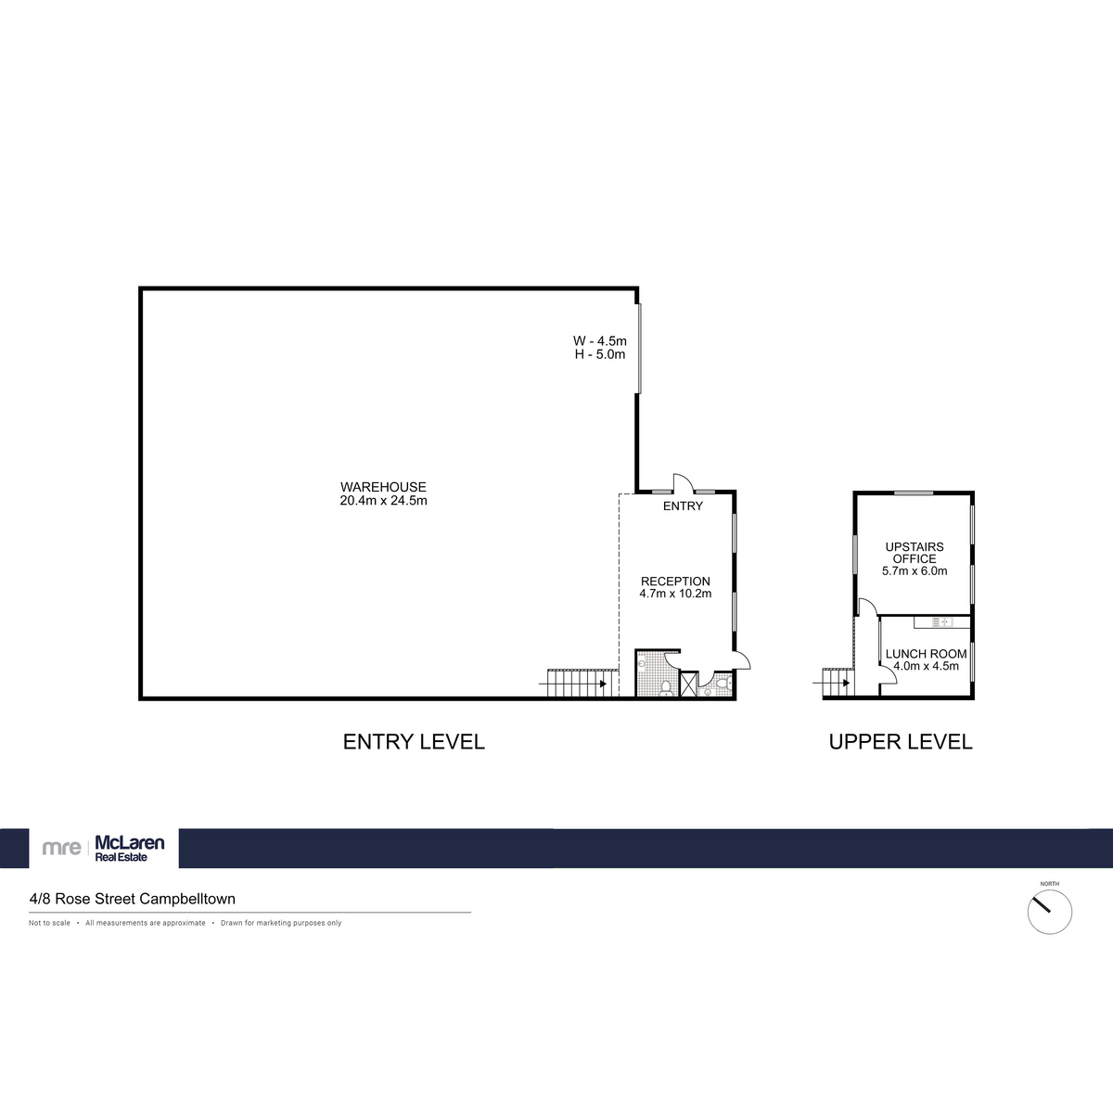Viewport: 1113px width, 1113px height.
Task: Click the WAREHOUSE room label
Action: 383,487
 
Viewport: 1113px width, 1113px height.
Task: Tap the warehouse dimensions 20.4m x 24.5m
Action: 383,501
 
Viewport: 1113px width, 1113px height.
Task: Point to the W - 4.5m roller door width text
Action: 600,340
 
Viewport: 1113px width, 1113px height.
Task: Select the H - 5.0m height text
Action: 600,354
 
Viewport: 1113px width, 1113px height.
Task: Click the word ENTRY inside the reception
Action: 683,506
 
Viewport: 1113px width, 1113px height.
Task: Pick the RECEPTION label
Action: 675,582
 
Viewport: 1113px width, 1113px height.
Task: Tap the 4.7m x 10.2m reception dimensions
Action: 675,594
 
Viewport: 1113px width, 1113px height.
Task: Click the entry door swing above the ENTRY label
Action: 682,482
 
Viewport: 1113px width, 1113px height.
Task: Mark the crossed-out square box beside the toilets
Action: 689,684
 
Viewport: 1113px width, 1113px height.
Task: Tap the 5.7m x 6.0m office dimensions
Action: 915,571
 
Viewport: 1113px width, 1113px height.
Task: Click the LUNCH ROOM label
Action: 926,654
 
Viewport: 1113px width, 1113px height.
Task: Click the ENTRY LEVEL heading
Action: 414,742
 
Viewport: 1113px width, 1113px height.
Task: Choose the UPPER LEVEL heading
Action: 900,742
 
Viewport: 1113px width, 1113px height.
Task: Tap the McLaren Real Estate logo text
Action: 130,848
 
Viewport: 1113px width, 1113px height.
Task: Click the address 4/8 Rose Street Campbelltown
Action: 132,899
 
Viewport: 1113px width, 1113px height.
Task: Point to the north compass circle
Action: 1049,912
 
